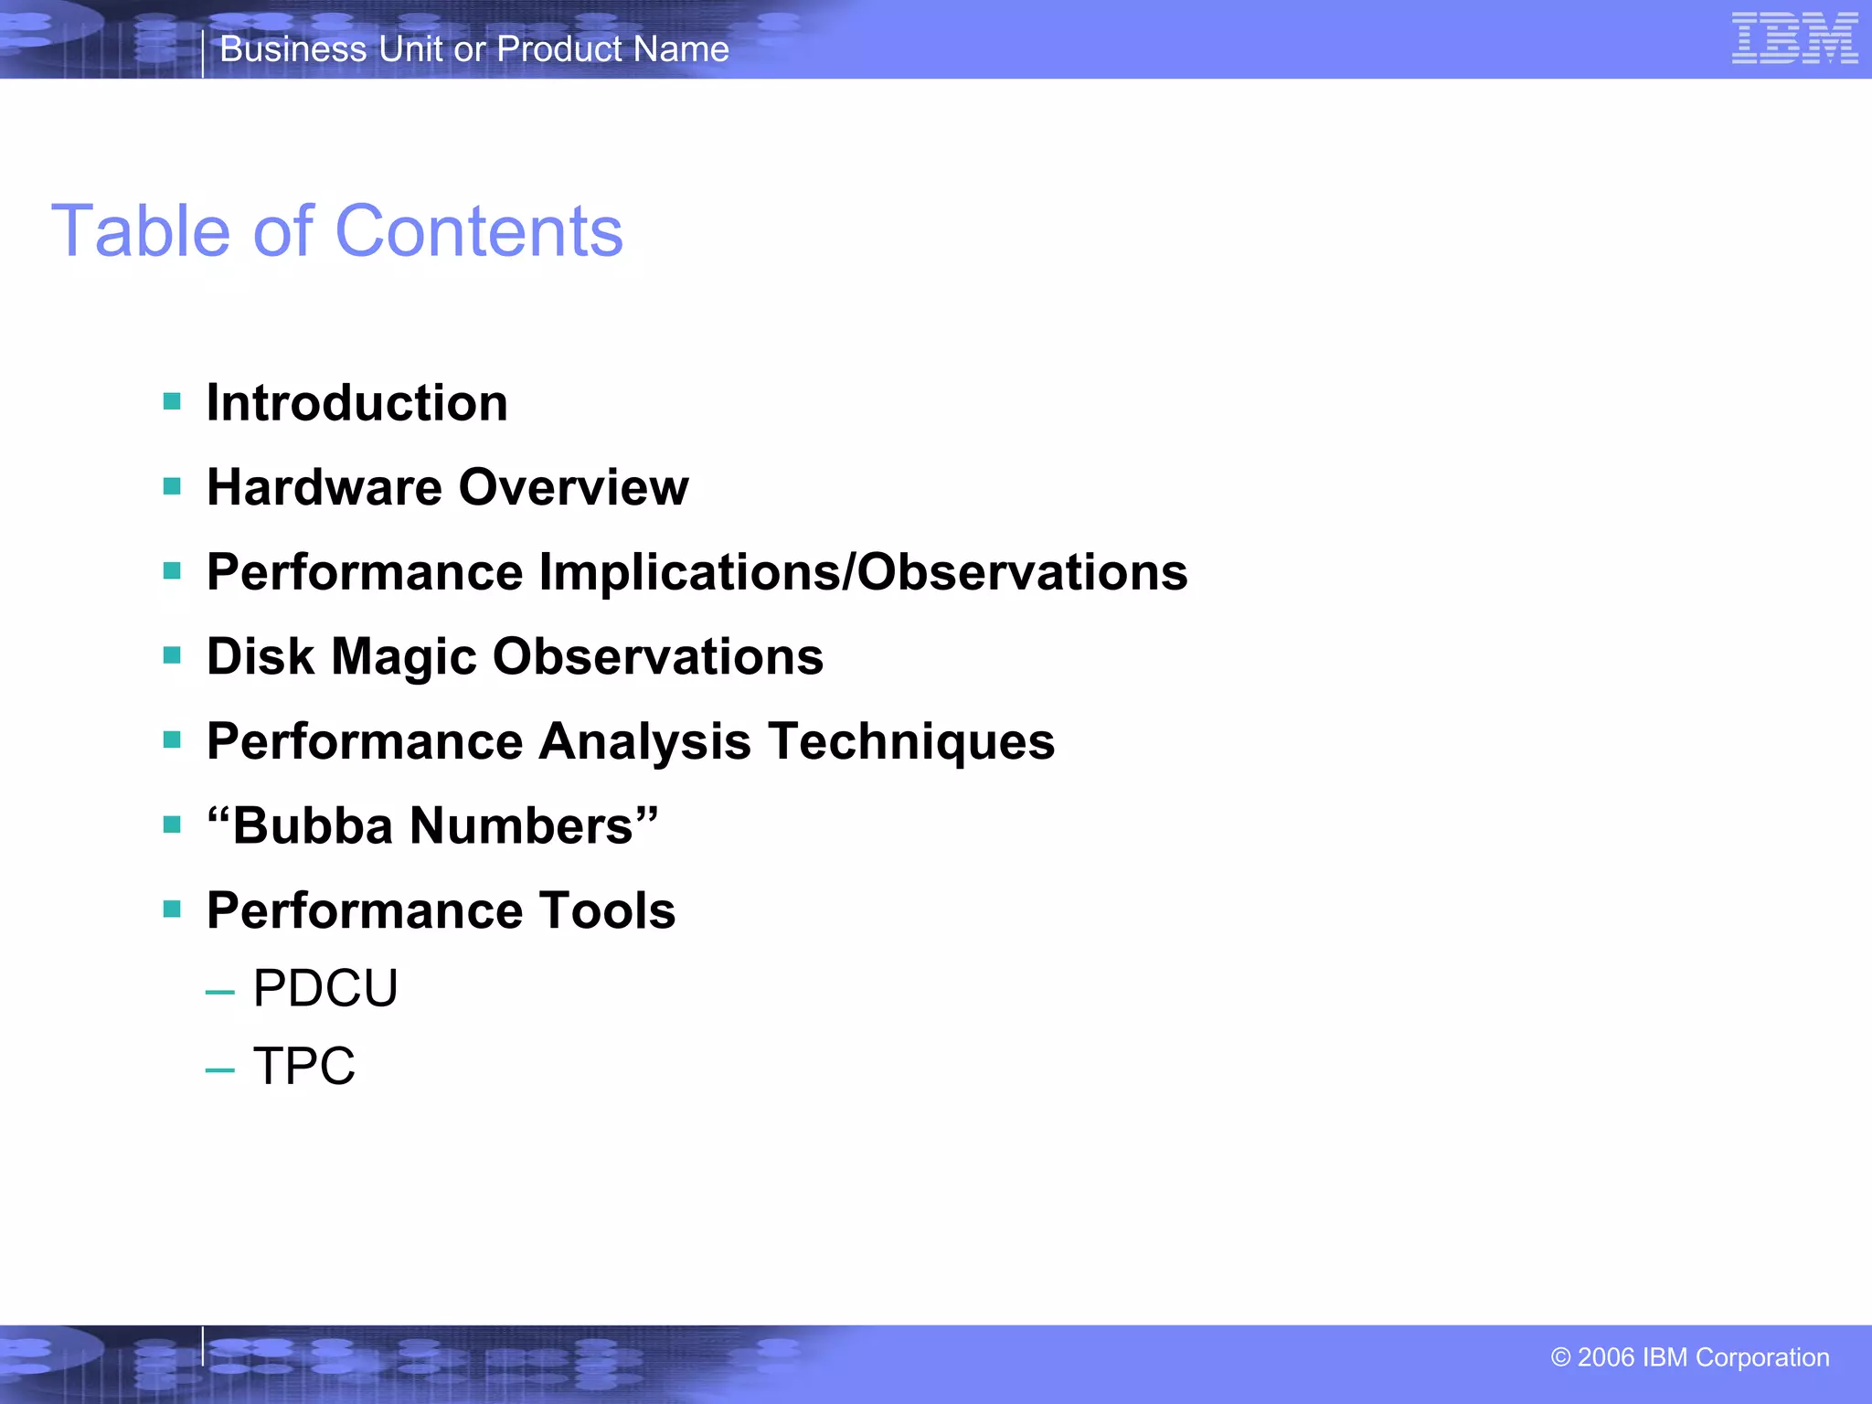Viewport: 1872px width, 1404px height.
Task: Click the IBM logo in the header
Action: click(1794, 38)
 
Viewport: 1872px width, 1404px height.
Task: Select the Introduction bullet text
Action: click(356, 403)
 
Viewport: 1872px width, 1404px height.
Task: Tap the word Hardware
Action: click(324, 487)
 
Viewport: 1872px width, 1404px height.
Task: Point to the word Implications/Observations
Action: click(863, 573)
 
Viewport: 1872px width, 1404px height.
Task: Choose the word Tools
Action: click(607, 910)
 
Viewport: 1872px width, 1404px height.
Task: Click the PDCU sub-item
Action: click(325, 988)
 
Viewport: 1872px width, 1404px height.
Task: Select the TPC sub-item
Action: click(303, 1066)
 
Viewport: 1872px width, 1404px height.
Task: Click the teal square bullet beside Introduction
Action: click(172, 401)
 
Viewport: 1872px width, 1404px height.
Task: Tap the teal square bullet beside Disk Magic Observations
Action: click(172, 655)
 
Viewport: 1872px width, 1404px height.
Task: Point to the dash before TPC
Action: click(220, 1069)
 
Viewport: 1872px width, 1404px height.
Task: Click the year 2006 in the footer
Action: click(1605, 1357)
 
